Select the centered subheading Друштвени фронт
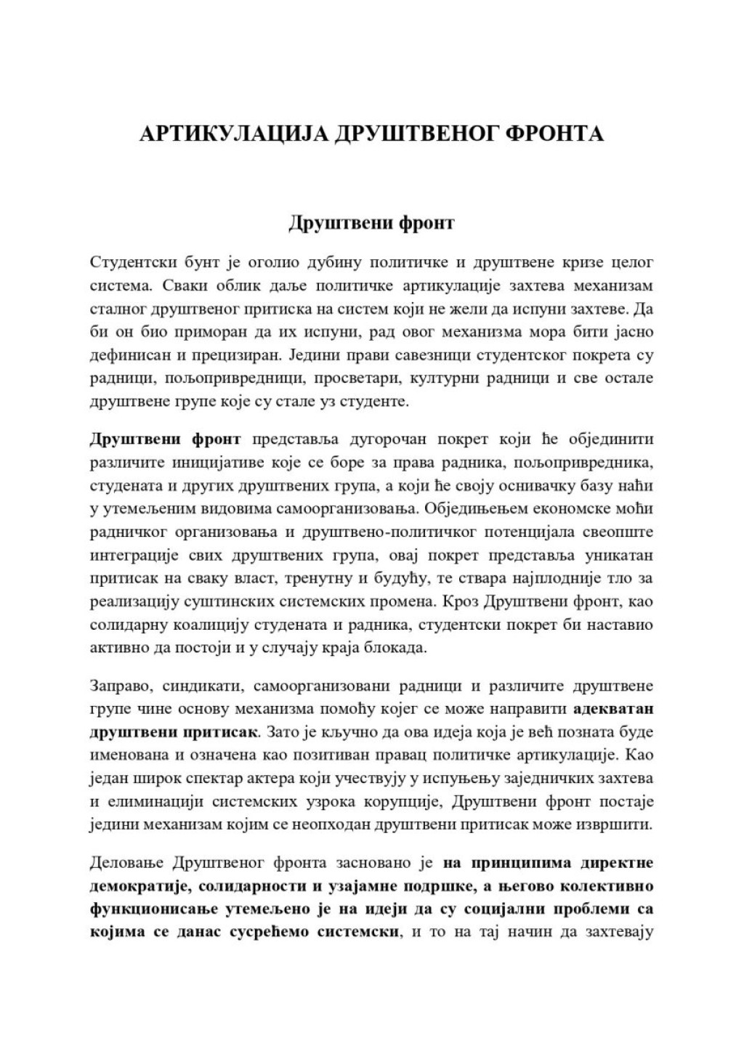pos(371,222)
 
